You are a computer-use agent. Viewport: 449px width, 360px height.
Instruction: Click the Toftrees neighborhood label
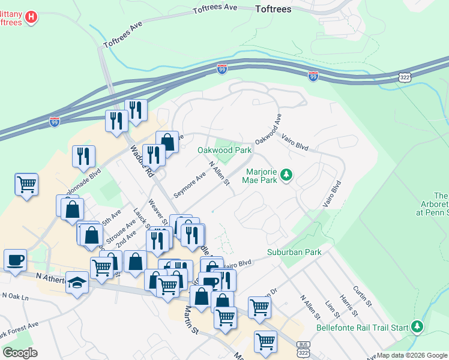pyautogui.click(x=273, y=9)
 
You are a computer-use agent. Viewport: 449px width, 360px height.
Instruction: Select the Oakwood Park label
pyautogui.click(x=224, y=150)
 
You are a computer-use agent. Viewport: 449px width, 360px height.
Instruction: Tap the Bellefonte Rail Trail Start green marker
pyautogui.click(x=417, y=327)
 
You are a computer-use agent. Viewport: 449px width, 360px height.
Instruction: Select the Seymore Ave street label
pyautogui.click(x=190, y=184)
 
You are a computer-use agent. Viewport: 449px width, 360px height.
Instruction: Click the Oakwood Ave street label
pyautogui.click(x=268, y=129)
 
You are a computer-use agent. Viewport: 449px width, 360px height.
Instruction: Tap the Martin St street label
pyautogui.click(x=191, y=320)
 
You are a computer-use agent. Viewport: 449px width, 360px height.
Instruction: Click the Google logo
pyautogui.click(x=19, y=352)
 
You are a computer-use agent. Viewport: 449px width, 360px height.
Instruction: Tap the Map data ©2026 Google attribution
pyautogui.click(x=412, y=355)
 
